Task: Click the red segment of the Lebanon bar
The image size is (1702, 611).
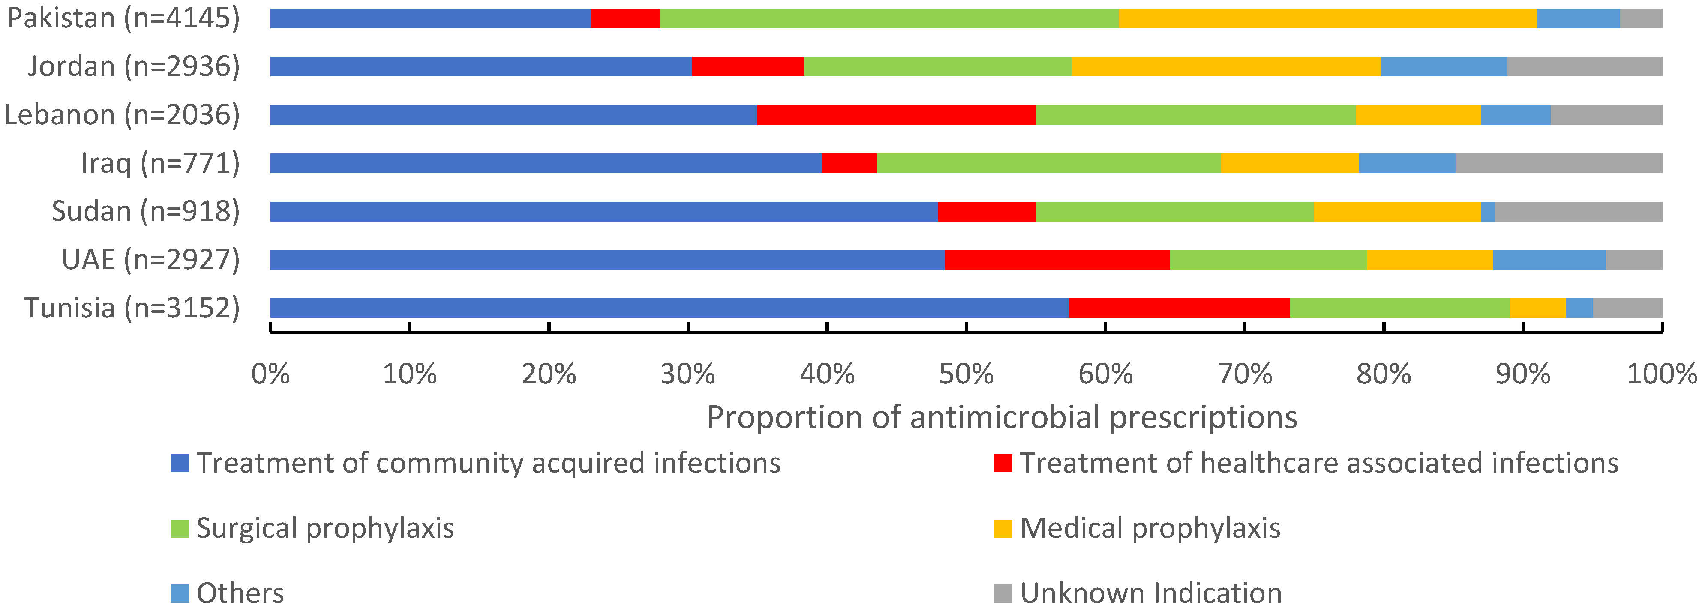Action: click(895, 115)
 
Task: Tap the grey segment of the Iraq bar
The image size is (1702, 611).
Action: click(1558, 163)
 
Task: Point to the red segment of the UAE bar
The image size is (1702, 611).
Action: click(1057, 260)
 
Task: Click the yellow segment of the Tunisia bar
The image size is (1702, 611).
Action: click(1537, 308)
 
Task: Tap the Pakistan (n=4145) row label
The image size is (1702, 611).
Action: click(123, 18)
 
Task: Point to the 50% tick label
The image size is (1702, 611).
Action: click(966, 374)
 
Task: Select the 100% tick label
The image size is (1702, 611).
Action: click(1661, 374)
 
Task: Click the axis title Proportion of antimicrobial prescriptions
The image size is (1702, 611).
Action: click(1002, 417)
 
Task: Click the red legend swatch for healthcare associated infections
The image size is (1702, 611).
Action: click(1003, 463)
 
